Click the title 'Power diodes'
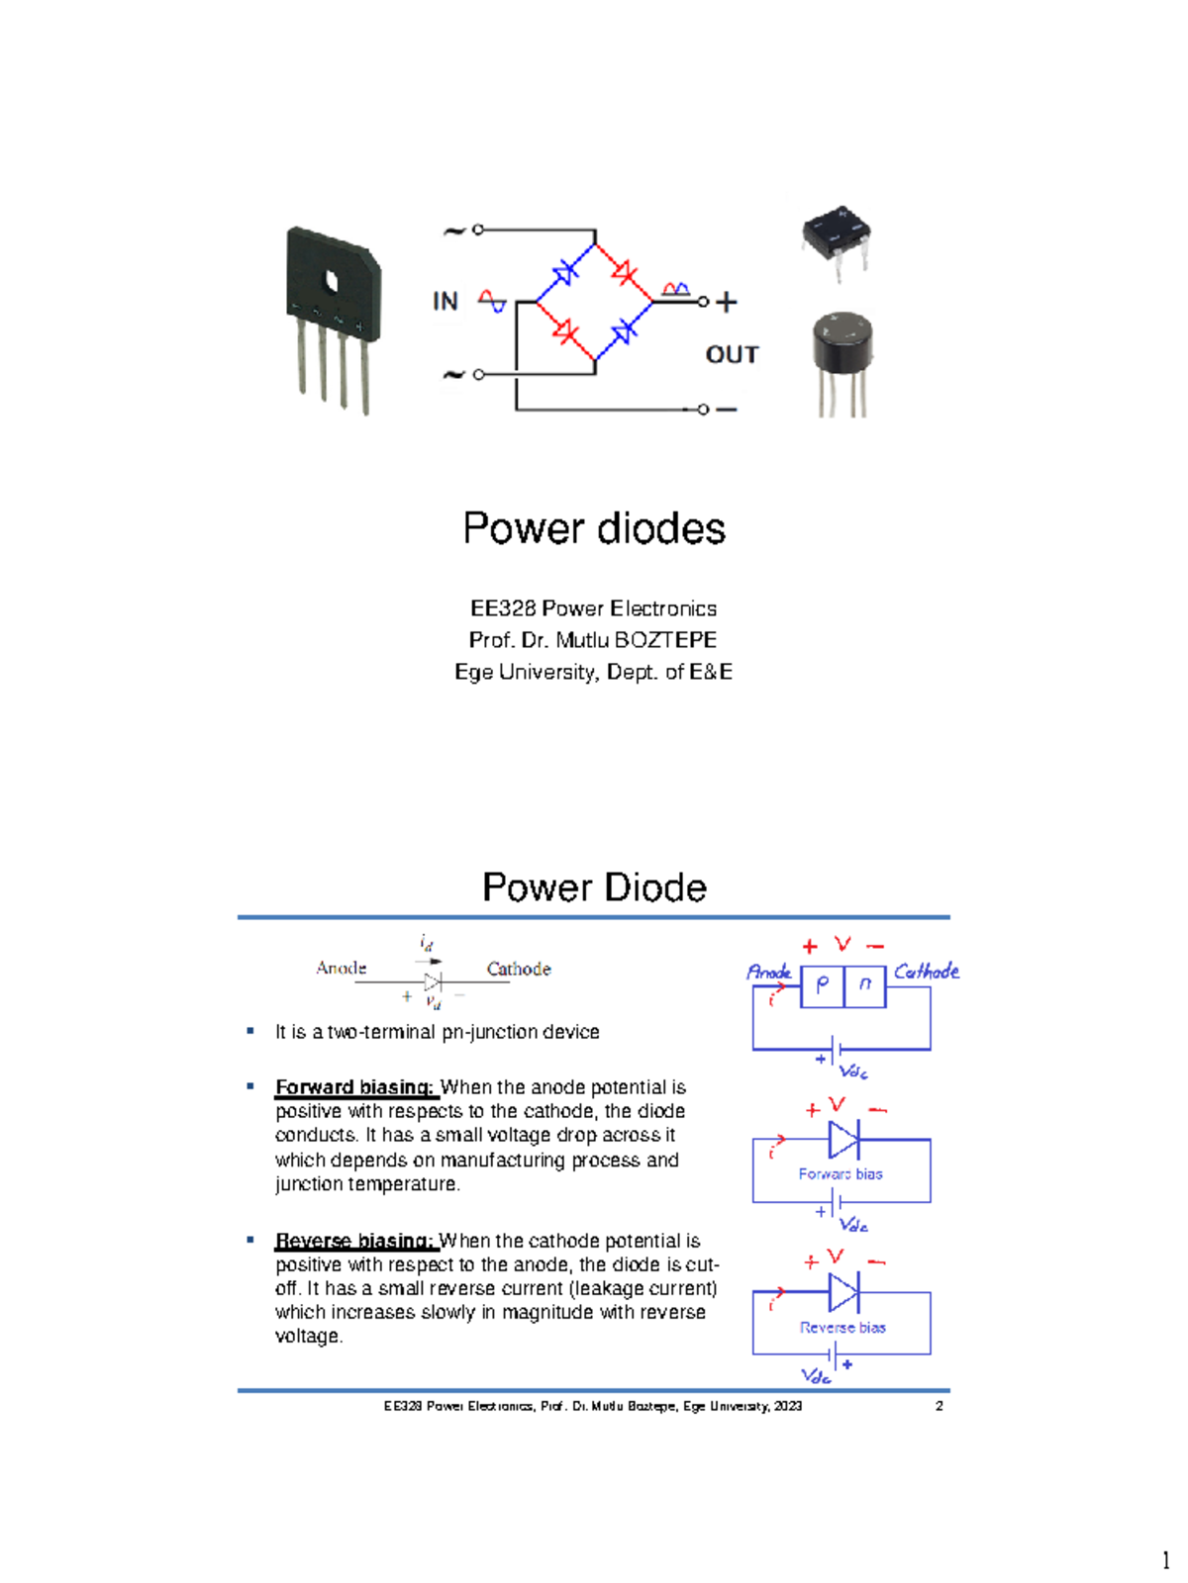(594, 528)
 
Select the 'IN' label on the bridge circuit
(445, 302)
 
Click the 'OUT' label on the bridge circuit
(732, 354)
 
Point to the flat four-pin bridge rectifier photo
(333, 317)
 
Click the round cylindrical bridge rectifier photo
(842, 361)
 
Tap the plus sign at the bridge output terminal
(727, 303)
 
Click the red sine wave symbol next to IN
(492, 301)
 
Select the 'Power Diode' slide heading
(594, 887)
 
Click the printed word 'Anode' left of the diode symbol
(341, 968)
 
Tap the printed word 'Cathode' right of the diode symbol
(518, 969)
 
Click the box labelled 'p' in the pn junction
(822, 985)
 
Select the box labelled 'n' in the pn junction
(865, 985)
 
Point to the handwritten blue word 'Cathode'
(927, 972)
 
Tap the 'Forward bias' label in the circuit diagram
(841, 1174)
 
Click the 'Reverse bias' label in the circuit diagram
(842, 1328)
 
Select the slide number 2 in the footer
(939, 1406)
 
